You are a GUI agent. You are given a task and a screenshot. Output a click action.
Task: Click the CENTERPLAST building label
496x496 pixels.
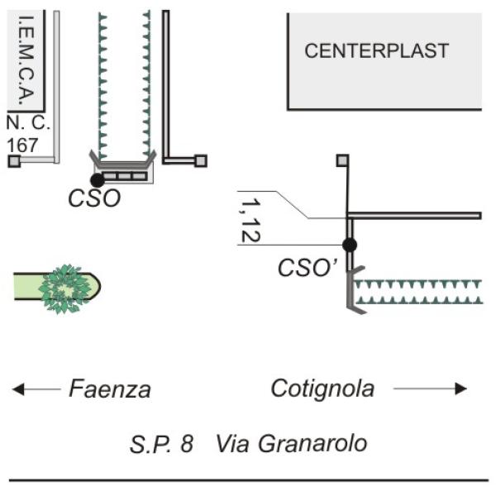(x=376, y=51)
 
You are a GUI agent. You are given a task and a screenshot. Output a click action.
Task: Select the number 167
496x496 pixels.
(x=23, y=145)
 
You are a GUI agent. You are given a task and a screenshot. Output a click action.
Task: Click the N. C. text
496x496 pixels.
(x=28, y=124)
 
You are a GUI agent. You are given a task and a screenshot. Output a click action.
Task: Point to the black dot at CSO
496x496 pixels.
(x=98, y=179)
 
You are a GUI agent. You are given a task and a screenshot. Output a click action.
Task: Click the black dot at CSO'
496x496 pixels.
(x=350, y=245)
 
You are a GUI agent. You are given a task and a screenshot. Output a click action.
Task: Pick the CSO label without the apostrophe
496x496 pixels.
(x=95, y=198)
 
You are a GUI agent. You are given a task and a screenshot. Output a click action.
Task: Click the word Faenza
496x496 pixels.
(x=110, y=389)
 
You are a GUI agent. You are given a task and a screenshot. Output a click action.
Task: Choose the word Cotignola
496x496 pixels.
(x=322, y=389)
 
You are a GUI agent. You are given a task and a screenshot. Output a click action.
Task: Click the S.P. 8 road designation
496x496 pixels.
(x=162, y=444)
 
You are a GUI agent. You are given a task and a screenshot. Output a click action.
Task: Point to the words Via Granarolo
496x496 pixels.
(x=291, y=444)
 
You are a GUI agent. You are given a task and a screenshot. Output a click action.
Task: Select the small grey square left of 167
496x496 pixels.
(x=13, y=160)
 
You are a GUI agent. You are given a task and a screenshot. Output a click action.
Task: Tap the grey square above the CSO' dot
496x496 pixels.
(x=342, y=160)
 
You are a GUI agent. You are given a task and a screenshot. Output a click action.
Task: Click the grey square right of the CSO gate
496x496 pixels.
(x=200, y=160)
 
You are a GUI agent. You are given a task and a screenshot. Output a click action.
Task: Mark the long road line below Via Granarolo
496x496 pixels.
(x=248, y=479)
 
